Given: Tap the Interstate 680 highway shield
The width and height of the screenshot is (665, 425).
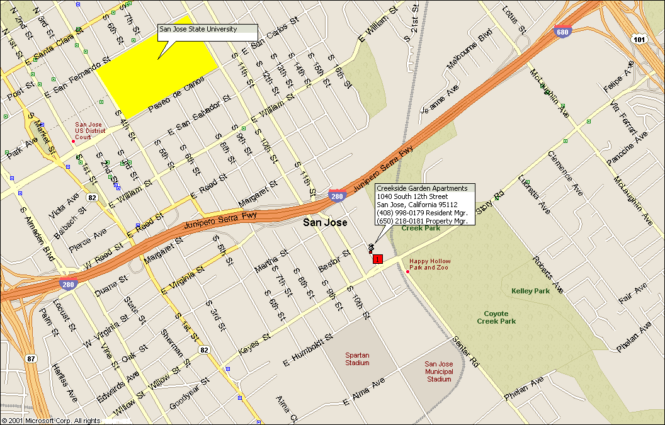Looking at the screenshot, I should click(563, 31).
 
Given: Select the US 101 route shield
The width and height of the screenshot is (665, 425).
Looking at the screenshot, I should click(640, 40).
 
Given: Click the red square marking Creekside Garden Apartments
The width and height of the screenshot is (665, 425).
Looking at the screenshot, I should click(378, 259).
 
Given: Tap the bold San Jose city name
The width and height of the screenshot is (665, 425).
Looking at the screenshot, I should click(324, 222).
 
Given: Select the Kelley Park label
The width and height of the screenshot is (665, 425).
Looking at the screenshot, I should click(530, 291).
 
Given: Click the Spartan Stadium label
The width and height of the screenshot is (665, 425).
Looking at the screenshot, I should click(357, 359).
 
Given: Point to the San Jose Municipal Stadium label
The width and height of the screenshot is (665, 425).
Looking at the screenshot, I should click(439, 371).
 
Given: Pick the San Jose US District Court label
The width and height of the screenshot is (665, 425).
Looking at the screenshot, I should click(91, 131).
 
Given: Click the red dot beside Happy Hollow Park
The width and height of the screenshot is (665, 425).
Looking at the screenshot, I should click(408, 271).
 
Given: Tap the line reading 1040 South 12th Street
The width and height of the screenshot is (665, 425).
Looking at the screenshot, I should click(412, 196).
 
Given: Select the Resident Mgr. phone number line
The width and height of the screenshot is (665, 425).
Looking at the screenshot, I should click(421, 213).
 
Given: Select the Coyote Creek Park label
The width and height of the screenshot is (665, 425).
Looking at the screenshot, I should click(500, 317).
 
